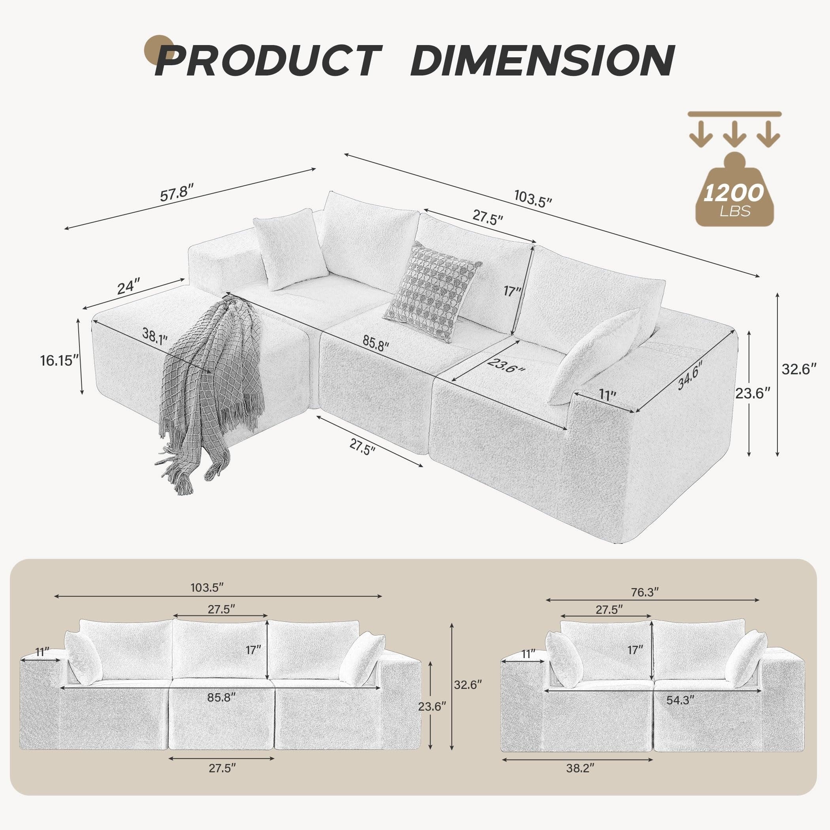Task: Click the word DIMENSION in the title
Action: pyautogui.click(x=542, y=61)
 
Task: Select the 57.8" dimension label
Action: pyautogui.click(x=177, y=193)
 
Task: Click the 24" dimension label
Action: pyautogui.click(x=128, y=287)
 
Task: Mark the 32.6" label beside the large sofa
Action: pyautogui.click(x=799, y=369)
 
